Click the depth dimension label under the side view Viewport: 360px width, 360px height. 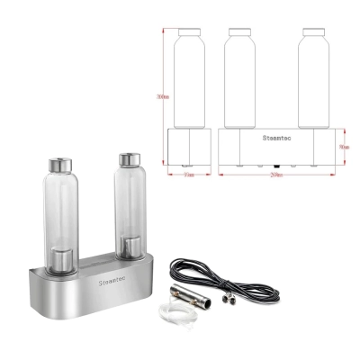pyautogui.click(x=188, y=176)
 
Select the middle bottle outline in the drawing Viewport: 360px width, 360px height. pyautogui.click(x=238, y=81)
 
